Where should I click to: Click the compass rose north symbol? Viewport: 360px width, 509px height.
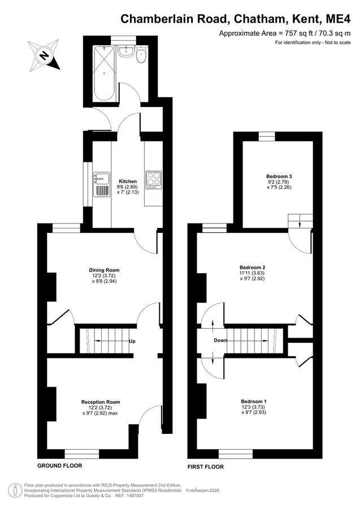44,55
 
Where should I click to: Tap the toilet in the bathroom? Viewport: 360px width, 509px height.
141,54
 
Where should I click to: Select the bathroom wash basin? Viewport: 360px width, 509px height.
126,51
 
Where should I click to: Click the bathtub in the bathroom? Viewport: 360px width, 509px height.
104,73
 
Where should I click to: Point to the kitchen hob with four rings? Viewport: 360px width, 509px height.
153,180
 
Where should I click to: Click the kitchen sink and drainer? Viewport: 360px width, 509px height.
102,184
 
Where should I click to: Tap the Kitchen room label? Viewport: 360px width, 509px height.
128,181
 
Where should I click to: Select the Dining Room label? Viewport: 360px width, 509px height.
104,270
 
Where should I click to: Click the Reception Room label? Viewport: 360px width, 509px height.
101,402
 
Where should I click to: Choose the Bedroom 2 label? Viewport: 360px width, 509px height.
254,268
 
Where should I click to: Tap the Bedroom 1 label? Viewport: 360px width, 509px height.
254,401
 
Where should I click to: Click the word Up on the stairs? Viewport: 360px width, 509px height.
132,341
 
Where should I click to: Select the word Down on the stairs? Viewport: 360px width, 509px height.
220,340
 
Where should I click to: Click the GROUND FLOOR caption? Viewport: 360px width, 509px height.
60,465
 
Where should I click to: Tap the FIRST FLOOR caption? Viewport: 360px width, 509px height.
206,467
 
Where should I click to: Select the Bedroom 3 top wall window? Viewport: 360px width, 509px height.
267,137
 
